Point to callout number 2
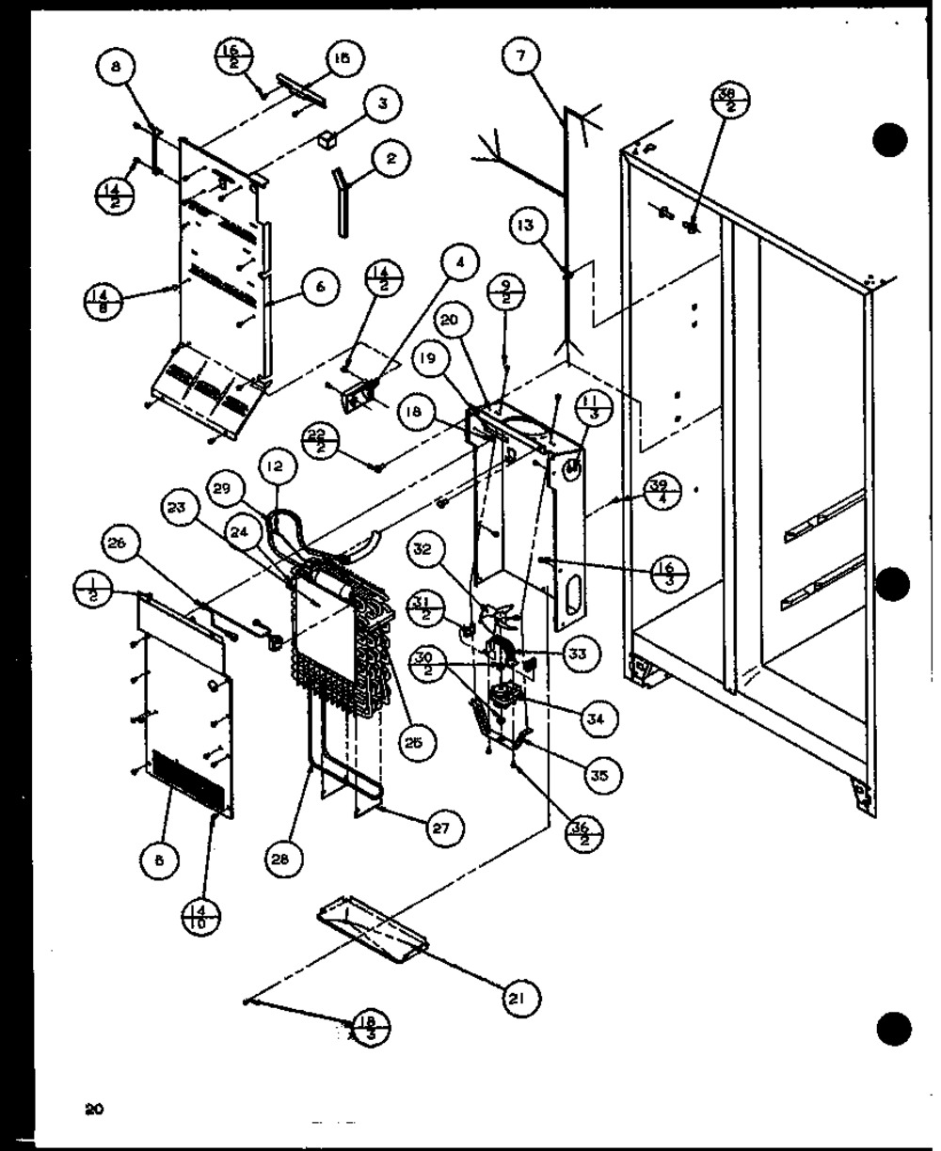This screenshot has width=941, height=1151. (390, 158)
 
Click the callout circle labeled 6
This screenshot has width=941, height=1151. (320, 288)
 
